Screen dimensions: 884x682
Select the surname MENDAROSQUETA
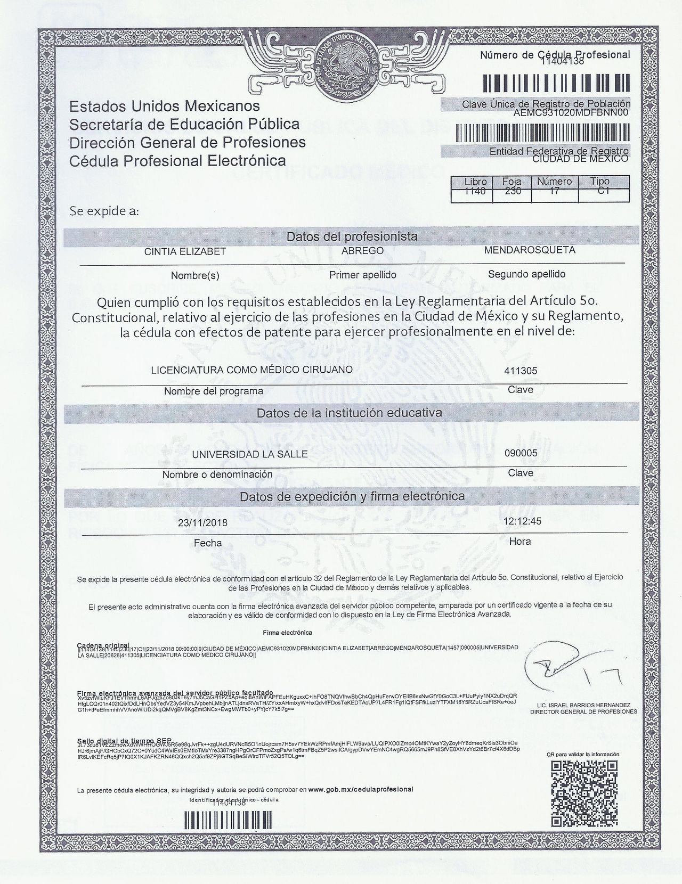point(530,250)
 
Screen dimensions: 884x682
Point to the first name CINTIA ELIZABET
point(185,252)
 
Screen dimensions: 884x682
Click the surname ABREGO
point(362,250)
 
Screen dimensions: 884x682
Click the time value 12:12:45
point(522,521)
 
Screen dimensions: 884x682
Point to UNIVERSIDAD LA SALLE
point(250,454)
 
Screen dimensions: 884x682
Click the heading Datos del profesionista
point(352,236)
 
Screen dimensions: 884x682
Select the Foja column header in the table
point(512,182)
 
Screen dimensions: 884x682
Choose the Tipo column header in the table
point(600,182)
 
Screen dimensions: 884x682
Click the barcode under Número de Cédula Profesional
point(556,83)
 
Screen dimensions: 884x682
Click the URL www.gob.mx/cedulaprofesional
point(361,789)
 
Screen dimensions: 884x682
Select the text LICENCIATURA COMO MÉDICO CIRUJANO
point(252,370)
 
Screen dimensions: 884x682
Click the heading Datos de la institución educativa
point(349,413)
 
